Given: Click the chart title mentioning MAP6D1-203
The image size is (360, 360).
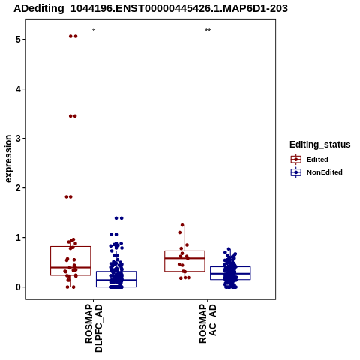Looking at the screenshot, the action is [x=151, y=9].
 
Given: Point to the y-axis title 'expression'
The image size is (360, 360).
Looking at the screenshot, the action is [x=8, y=159].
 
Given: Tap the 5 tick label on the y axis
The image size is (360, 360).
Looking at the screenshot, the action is [x=18, y=40].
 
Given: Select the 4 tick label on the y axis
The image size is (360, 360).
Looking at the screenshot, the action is [x=18, y=89].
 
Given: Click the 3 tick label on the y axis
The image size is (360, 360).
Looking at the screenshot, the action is [x=18, y=139].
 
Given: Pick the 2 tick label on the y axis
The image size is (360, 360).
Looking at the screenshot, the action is [x=18, y=188].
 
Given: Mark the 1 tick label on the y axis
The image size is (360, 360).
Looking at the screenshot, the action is [x=18, y=238].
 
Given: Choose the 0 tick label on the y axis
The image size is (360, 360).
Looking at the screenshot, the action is [x=18, y=287].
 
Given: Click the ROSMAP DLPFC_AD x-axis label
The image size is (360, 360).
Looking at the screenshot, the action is [x=94, y=328].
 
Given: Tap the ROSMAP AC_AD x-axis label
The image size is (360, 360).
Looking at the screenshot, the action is [x=208, y=324].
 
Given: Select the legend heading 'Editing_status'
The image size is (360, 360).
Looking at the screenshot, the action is [x=320, y=145].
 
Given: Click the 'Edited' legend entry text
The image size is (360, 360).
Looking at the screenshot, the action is [x=317, y=160].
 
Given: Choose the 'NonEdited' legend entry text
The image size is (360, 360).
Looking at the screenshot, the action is [x=325, y=172].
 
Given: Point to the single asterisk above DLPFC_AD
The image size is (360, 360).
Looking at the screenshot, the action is [x=94, y=31].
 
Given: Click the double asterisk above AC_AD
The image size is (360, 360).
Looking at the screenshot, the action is [x=208, y=31].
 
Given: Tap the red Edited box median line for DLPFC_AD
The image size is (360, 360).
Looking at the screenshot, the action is [x=70, y=267].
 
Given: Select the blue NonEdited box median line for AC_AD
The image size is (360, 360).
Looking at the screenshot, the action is [x=230, y=274].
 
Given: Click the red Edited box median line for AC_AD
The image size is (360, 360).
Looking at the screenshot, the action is [x=184, y=258].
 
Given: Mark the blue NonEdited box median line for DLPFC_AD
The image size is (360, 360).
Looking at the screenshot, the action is [x=116, y=280].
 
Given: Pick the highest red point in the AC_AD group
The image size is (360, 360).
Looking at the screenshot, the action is [x=182, y=225].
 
